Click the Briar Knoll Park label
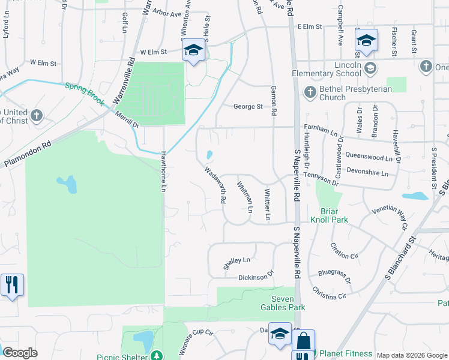[x=330, y=215]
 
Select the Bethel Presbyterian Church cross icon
[x=310, y=92]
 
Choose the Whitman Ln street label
[x=244, y=197]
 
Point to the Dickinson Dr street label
[x=256, y=277]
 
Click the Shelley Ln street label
[x=236, y=263]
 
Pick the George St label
[x=248, y=107]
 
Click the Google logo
[x=20, y=353]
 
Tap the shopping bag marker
[x=303, y=340]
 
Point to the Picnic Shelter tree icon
[x=157, y=356]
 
